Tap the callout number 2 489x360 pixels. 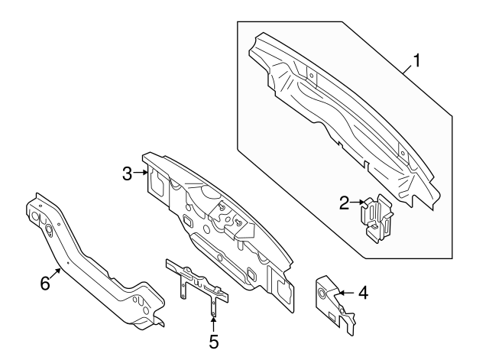coord(345,203)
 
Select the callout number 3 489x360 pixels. coord(129,174)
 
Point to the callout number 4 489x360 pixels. coord(363,291)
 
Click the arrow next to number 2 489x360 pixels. coord(358,203)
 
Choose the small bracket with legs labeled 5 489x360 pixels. coord(196,281)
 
